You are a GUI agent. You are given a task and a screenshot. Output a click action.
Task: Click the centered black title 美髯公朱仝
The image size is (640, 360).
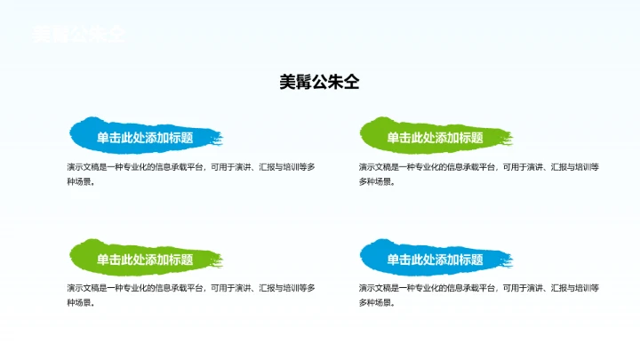coord(319,83)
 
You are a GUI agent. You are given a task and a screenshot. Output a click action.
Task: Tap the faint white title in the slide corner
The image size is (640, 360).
coord(78,35)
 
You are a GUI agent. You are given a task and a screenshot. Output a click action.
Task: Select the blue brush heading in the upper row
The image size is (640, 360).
coord(145,138)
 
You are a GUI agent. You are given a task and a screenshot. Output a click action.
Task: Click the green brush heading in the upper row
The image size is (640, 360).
coord(435,138)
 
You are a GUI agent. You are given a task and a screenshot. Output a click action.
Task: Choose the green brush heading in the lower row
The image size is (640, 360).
coord(145,260)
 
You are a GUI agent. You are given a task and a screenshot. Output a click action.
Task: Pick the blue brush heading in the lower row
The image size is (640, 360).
coord(435,260)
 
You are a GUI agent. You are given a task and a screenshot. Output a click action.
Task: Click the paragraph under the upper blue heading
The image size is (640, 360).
coord(190,174)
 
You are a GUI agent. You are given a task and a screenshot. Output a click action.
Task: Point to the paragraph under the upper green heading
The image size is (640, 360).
coord(479,174)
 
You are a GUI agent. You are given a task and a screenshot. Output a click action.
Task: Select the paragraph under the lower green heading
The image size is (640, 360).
coord(190,295)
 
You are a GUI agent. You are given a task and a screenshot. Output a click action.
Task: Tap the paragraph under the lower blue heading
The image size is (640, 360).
coord(479,295)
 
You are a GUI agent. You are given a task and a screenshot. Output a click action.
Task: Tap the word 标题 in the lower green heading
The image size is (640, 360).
coord(181,260)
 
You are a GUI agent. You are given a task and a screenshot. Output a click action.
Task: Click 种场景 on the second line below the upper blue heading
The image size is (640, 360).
coord(78,182)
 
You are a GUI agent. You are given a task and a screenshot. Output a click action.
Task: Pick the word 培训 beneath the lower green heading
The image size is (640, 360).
coord(290,287)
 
